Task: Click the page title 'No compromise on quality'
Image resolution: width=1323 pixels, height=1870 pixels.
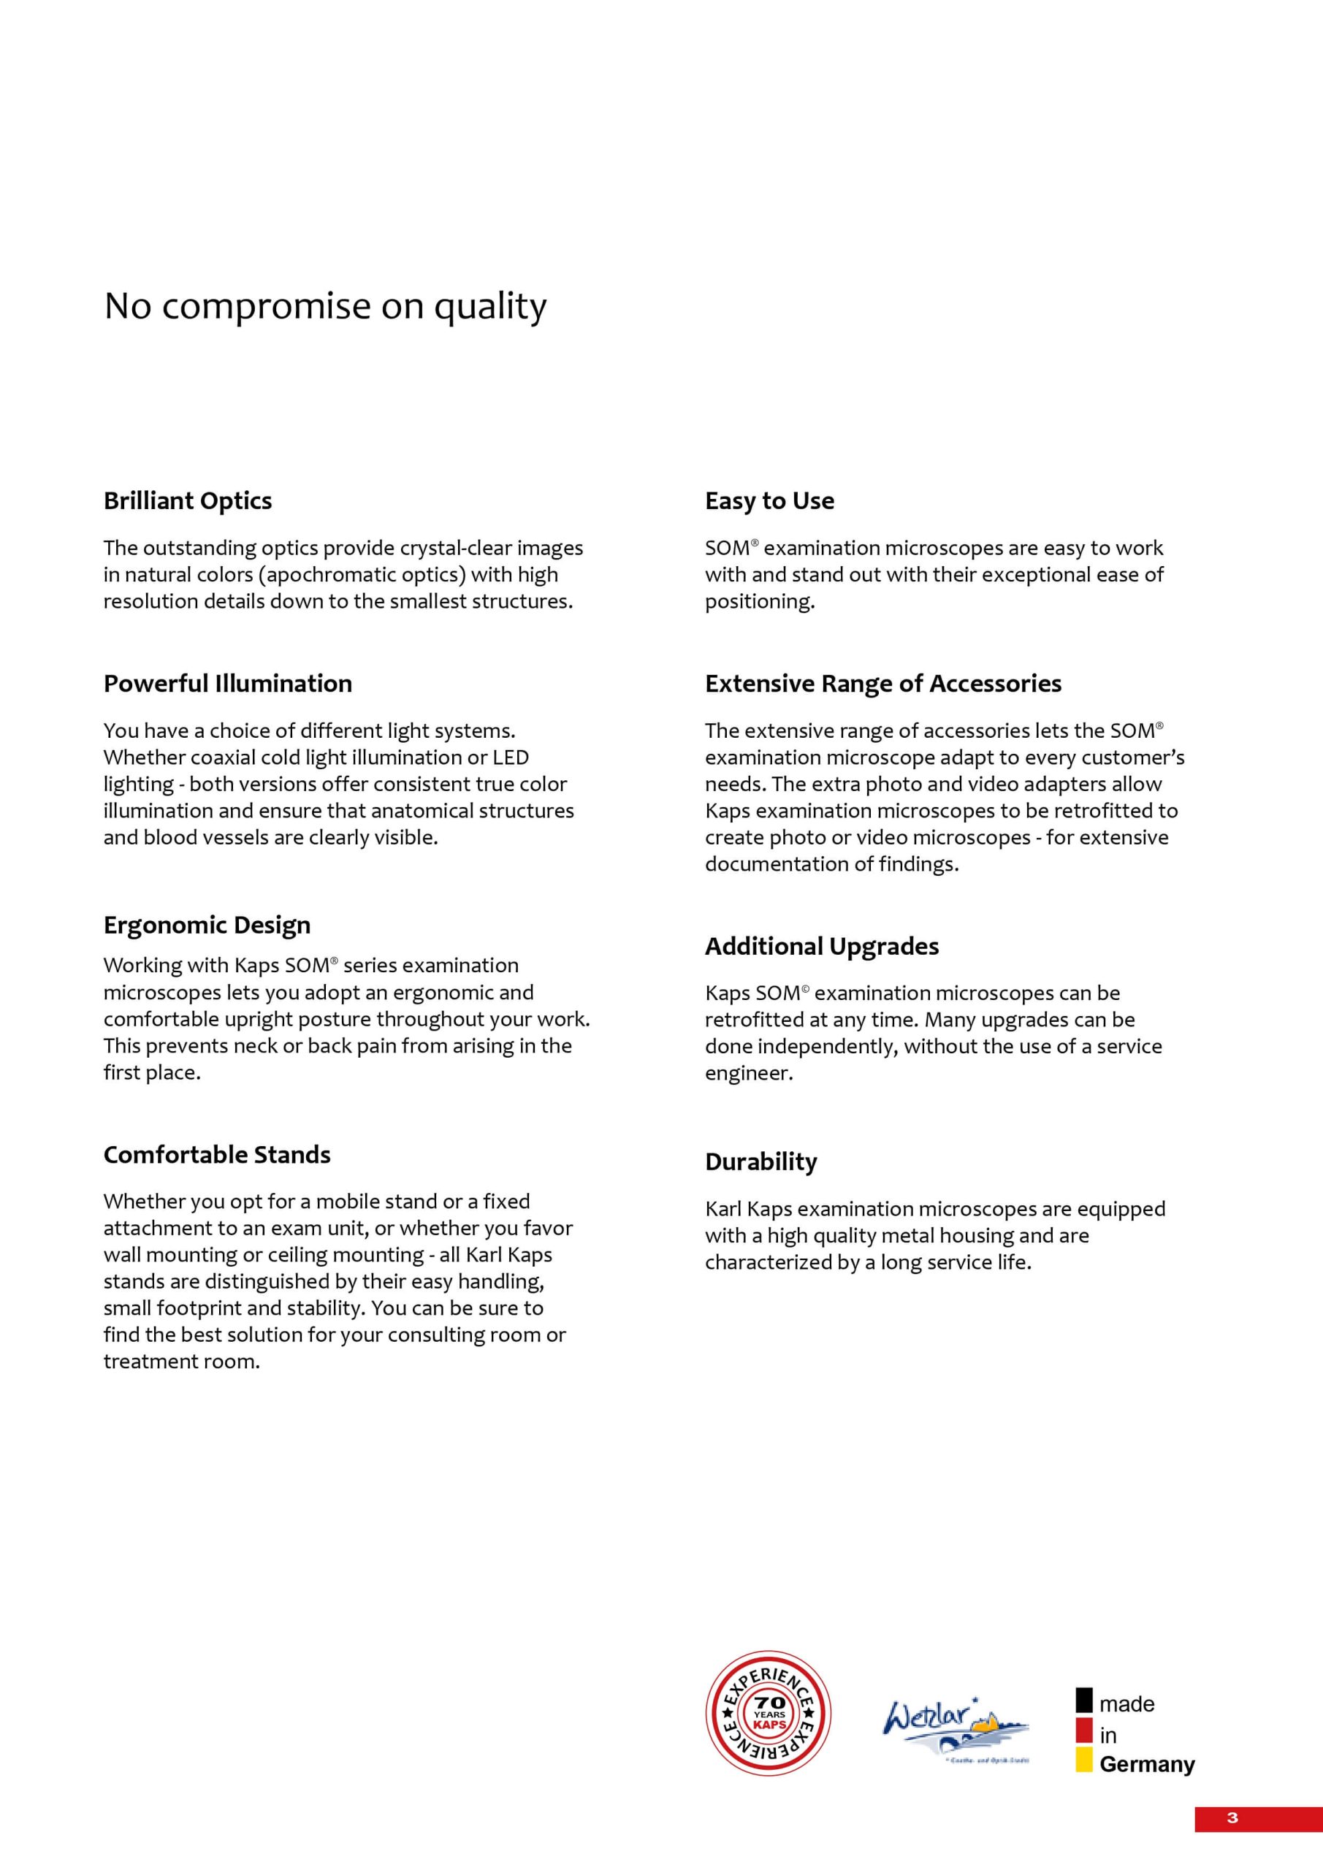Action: (325, 306)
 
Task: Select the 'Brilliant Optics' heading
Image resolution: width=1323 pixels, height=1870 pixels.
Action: (187, 500)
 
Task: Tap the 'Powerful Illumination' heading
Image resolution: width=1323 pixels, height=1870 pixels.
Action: (227, 682)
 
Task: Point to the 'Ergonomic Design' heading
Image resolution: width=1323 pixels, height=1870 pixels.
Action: (207, 925)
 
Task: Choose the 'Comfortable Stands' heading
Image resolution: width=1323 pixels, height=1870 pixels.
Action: (217, 1154)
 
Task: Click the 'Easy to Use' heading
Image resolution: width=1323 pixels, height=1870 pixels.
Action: (769, 500)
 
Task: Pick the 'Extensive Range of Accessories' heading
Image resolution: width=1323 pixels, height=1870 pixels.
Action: (883, 682)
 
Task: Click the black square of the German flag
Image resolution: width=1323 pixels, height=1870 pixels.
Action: (1083, 1700)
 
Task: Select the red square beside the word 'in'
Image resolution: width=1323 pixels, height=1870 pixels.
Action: (1083, 1730)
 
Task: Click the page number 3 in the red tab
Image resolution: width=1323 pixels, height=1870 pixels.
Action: (1232, 1818)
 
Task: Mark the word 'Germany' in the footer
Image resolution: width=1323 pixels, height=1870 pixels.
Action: (1146, 1764)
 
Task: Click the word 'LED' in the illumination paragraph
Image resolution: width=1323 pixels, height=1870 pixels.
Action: (511, 757)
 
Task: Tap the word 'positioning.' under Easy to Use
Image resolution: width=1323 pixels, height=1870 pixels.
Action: (759, 601)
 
